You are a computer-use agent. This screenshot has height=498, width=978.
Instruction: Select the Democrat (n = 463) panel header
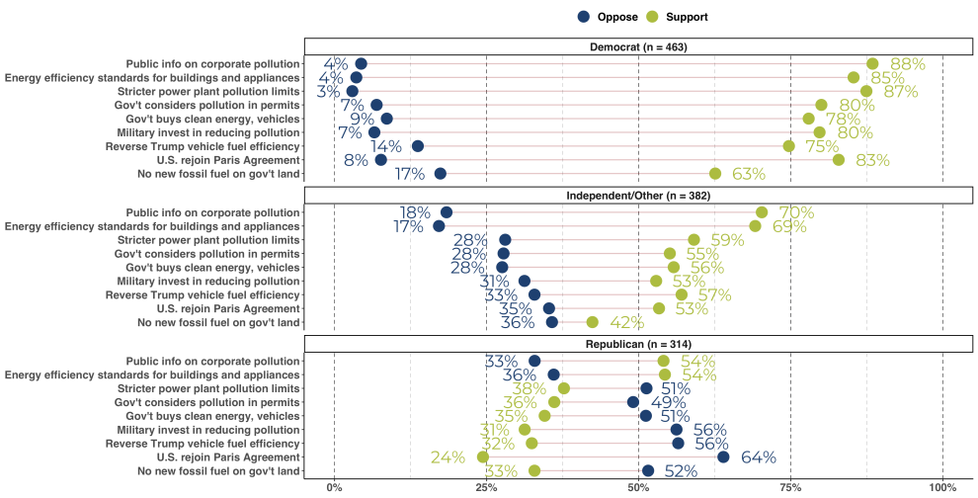638,46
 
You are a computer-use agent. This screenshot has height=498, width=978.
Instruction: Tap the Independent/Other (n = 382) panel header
638,195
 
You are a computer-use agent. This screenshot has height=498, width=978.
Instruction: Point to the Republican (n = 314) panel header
638,343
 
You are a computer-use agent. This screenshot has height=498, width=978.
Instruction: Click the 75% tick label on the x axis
790,487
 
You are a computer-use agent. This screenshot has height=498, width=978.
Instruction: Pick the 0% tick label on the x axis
335,487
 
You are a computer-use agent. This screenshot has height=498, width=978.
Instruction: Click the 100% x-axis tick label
942,487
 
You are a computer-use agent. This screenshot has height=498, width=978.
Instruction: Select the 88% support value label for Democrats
907,64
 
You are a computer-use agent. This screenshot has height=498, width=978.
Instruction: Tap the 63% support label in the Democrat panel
748,174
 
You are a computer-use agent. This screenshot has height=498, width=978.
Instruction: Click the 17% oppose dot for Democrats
440,174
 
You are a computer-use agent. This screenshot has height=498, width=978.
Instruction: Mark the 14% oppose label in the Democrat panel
386,146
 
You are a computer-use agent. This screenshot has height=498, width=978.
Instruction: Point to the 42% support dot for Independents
592,322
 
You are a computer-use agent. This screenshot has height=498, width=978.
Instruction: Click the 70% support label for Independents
795,212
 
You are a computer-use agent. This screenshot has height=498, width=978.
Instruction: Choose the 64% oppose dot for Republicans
723,456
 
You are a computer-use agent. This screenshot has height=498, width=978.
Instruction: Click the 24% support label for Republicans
448,456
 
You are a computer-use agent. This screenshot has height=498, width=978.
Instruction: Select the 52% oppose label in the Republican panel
682,470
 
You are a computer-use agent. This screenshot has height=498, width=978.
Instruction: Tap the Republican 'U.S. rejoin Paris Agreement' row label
228,456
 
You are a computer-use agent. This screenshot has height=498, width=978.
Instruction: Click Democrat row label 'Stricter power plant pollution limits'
208,91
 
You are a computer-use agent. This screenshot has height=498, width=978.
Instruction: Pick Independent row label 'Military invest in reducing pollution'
208,281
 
